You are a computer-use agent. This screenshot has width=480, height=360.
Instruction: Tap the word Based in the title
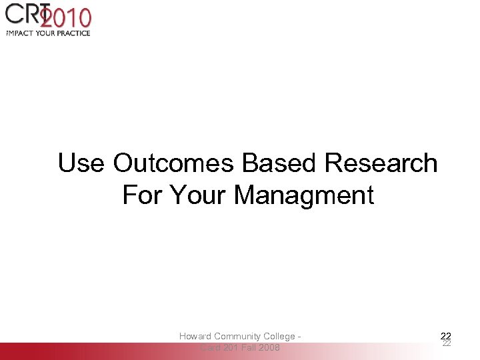pyautogui.click(x=280, y=163)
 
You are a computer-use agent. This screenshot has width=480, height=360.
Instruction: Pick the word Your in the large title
pyautogui.click(x=198, y=196)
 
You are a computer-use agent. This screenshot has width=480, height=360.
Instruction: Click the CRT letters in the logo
pyautogui.click(x=23, y=16)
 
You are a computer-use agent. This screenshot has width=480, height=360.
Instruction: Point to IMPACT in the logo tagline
pyautogui.click(x=21, y=33)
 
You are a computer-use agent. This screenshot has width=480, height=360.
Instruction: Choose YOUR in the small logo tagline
pyautogui.click(x=49, y=33)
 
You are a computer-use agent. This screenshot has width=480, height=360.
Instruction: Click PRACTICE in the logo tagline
pyautogui.click(x=76, y=33)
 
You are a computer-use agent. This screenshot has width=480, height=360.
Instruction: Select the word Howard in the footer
pyautogui.click(x=195, y=337)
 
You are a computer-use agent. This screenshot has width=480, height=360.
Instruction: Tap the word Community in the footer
pyautogui.click(x=241, y=337)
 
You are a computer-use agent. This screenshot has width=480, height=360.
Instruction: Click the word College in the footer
pyautogui.click(x=282, y=337)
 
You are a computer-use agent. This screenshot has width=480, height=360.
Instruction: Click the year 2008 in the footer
pyautogui.click(x=270, y=348)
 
